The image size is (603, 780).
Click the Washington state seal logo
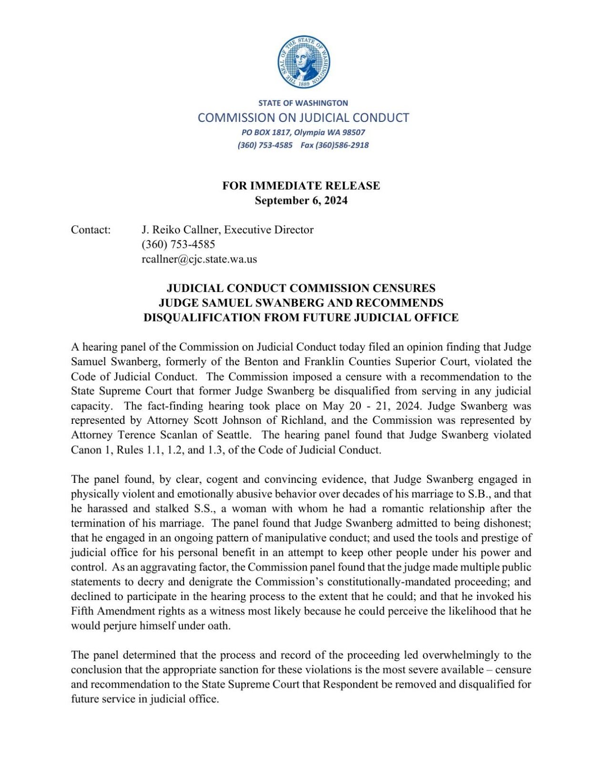[304, 61]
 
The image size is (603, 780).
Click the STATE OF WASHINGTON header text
[303, 103]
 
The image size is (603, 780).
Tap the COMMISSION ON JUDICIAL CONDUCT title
[303, 118]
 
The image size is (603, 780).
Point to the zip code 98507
[353, 132]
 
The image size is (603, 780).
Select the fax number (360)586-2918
[342, 145]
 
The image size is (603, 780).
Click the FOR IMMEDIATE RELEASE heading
[301, 186]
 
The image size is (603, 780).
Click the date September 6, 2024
[301, 200]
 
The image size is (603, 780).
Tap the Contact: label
[91, 230]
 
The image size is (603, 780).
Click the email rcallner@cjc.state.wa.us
[199, 260]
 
